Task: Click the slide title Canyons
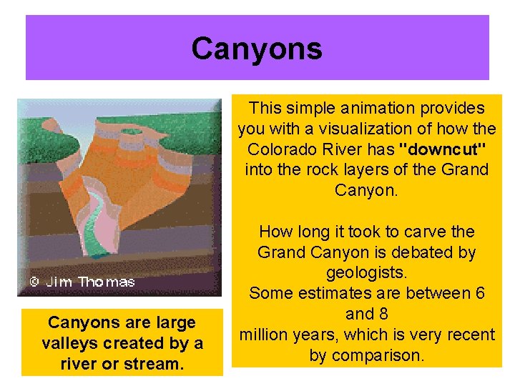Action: [257, 49]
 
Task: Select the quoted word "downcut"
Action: [437, 149]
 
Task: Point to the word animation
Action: [373, 109]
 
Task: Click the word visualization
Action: [376, 129]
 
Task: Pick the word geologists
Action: [366, 273]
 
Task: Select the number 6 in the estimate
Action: [480, 293]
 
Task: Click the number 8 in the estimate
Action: [384, 314]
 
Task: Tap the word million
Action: [266, 335]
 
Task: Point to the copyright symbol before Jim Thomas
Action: [34, 282]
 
